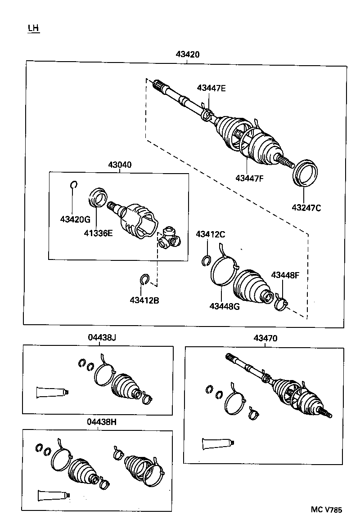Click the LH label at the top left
click(33, 28)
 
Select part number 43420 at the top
click(187, 54)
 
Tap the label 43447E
click(211, 88)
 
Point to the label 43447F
click(249, 178)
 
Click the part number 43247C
click(306, 208)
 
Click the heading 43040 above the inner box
click(120, 165)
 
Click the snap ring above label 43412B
click(144, 279)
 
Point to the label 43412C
click(210, 234)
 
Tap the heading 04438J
click(102, 338)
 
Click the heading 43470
click(265, 338)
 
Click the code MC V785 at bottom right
click(326, 510)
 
